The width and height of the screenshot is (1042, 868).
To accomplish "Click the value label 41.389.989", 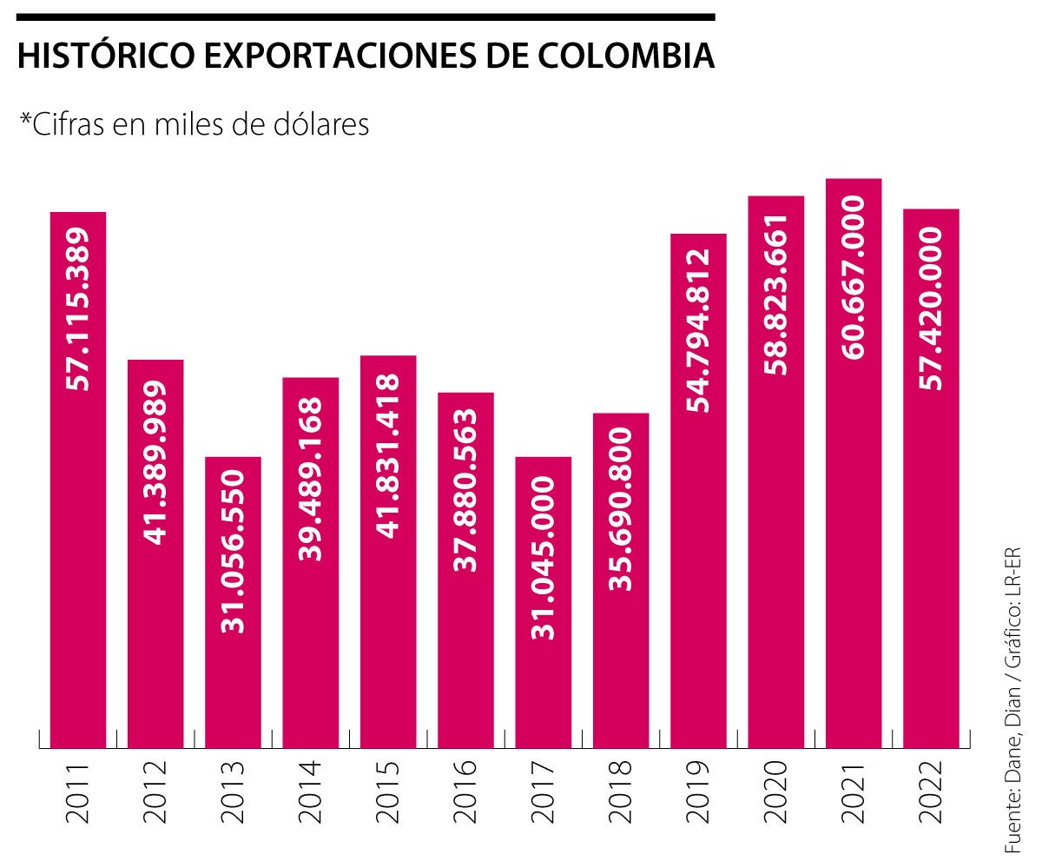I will [155, 462].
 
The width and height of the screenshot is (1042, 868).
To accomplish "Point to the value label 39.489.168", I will [310, 479].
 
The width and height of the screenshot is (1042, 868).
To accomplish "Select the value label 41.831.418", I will [388, 456].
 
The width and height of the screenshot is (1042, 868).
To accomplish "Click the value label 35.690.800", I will [620, 509].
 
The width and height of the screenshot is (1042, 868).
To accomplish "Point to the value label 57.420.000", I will [931, 308].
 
